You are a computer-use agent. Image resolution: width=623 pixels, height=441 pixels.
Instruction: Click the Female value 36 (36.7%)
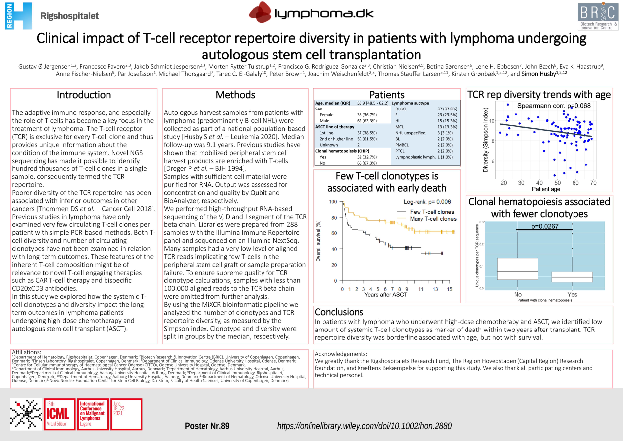click(367, 115)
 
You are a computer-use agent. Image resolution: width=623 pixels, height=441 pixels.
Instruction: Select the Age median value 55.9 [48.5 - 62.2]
click(373, 103)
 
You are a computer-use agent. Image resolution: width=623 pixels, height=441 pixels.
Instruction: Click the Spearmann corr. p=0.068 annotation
click(554, 106)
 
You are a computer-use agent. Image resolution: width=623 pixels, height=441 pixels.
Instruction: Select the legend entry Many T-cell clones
click(433, 219)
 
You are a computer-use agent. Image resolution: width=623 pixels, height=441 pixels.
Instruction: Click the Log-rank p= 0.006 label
click(427, 202)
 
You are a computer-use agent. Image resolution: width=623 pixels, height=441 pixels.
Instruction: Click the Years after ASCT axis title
click(386, 295)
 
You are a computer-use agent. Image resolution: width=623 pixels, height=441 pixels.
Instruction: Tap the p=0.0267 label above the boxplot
click(545, 226)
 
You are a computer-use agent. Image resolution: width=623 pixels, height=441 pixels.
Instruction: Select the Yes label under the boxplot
click(572, 294)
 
